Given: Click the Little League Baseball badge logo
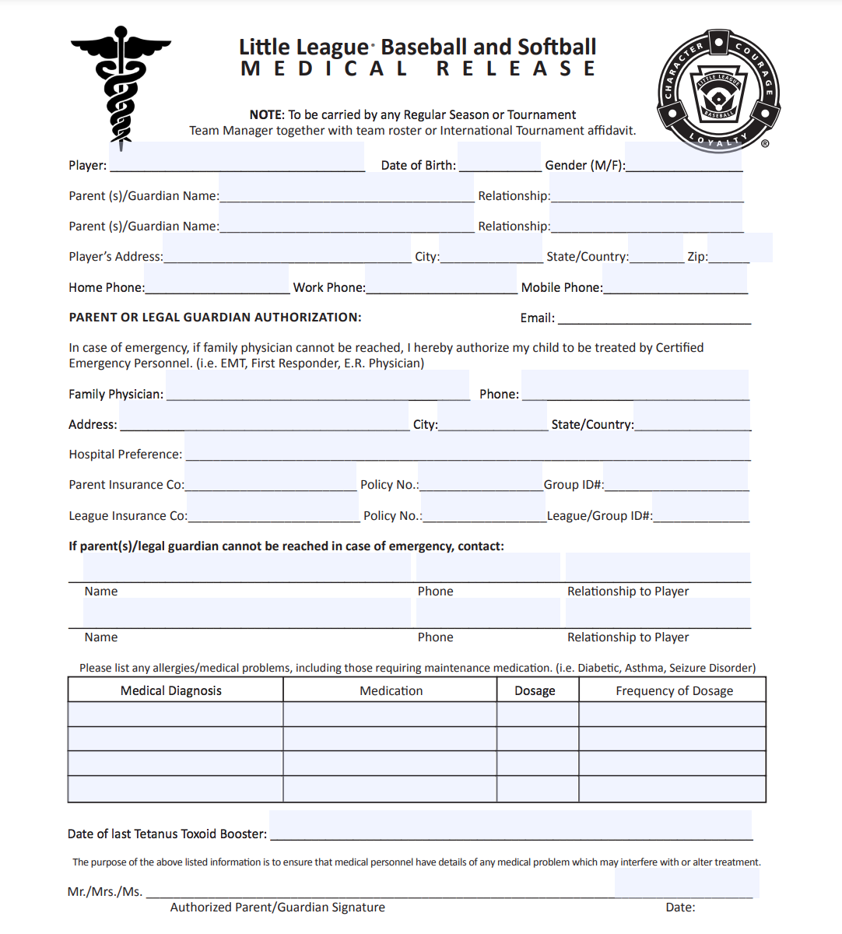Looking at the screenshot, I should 718,90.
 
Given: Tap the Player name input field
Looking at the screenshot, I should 237,157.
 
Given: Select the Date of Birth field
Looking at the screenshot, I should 499,157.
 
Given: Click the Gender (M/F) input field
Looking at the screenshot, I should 683,157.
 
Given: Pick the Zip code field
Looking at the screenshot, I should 739,248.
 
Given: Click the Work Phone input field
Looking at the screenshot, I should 440,279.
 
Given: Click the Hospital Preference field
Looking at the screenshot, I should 467,447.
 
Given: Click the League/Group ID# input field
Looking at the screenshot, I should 700,507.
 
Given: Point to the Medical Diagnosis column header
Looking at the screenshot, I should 171,690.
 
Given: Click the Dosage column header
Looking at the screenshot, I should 535,690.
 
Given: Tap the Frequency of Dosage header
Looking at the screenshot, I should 674,690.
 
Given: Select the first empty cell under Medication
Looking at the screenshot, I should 390,715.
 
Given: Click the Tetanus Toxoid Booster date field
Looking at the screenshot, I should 510,825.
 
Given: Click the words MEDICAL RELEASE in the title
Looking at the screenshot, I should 419,69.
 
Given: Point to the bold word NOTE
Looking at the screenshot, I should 266,115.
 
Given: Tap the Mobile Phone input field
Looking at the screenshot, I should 675,279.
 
